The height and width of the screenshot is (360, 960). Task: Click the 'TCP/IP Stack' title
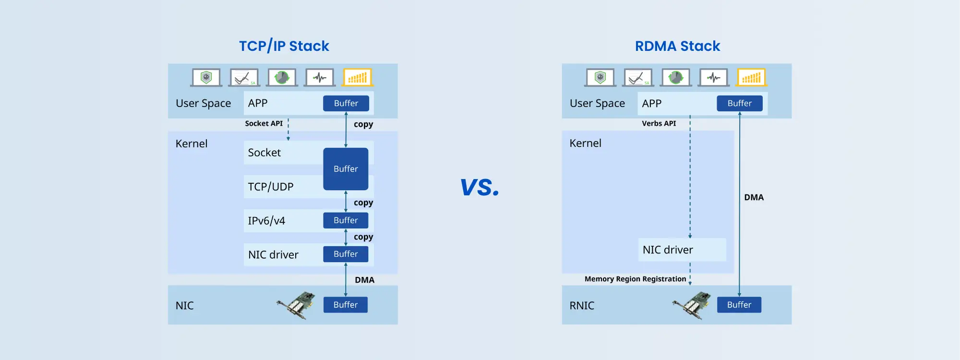pyautogui.click(x=284, y=46)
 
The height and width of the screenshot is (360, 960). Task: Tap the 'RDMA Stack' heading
pyautogui.click(x=677, y=46)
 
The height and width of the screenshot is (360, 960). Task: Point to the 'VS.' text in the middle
pyautogui.click(x=480, y=187)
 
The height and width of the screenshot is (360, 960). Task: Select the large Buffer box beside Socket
pyautogui.click(x=346, y=168)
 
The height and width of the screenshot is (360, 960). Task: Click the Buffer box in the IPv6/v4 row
pyautogui.click(x=346, y=220)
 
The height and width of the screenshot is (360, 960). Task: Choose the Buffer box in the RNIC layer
pyautogui.click(x=739, y=305)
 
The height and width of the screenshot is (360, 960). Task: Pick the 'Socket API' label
pyautogui.click(x=264, y=123)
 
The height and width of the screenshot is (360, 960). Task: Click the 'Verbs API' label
pyautogui.click(x=659, y=123)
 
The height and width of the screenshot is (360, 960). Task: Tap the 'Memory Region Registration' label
pyautogui.click(x=635, y=279)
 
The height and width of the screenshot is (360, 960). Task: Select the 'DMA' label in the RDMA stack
pyautogui.click(x=754, y=197)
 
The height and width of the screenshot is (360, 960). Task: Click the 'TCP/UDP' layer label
pyautogui.click(x=270, y=187)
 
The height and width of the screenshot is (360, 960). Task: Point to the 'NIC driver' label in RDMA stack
pyautogui.click(x=668, y=250)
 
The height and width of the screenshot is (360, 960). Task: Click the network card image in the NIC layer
pyautogui.click(x=296, y=305)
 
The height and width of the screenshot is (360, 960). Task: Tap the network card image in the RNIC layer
pyautogui.click(x=692, y=305)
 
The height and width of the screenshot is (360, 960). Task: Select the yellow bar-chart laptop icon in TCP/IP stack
pyautogui.click(x=358, y=77)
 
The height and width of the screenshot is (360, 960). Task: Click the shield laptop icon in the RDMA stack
pyautogui.click(x=600, y=77)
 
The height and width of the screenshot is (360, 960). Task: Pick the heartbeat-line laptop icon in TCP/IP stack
pyautogui.click(x=320, y=77)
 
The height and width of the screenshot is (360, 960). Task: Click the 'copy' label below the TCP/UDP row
pyautogui.click(x=363, y=203)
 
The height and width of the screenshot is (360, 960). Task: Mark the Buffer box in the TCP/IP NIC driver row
pyautogui.click(x=346, y=254)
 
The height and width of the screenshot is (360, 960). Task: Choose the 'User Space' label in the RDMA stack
pyautogui.click(x=597, y=103)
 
